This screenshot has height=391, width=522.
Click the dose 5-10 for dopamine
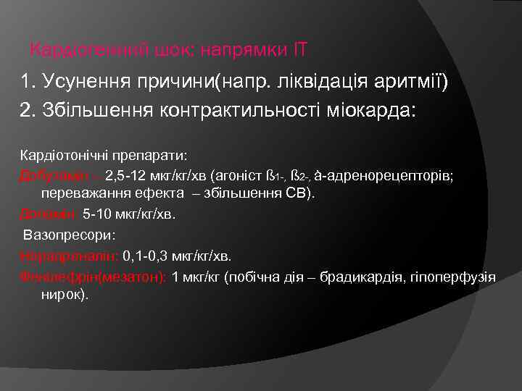[x=99, y=215]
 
